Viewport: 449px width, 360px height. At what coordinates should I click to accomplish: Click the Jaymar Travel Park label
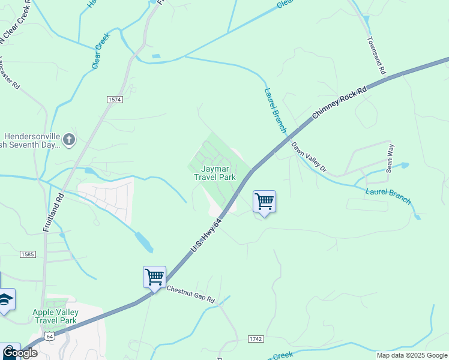tap(214, 173)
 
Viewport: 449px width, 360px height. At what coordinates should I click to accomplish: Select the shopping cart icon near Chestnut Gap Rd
tap(154, 278)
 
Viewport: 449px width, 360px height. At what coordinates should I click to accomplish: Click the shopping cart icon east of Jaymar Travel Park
tap(264, 202)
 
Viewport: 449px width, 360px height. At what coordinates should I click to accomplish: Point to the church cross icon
tap(68, 140)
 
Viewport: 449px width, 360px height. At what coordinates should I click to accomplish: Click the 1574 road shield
tap(115, 99)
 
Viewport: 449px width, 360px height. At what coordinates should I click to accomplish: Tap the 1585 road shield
tap(28, 254)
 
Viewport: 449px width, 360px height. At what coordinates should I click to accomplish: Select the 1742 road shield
tap(256, 339)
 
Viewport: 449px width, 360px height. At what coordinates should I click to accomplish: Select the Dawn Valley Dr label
tap(309, 157)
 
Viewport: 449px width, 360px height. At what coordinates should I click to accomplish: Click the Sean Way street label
tap(390, 158)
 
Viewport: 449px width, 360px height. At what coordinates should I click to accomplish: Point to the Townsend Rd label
tap(376, 55)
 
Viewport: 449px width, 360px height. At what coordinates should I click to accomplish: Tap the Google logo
tap(20, 353)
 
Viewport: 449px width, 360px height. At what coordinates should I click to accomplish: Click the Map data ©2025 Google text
tap(411, 355)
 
